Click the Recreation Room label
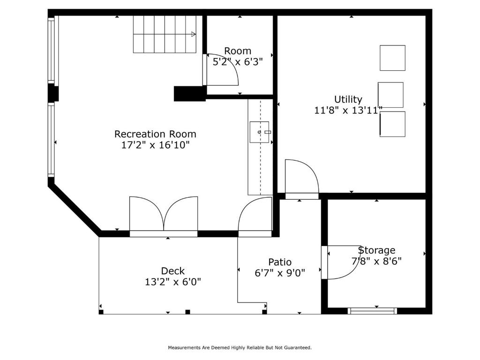click(x=155, y=134)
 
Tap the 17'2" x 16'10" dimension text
click(x=156, y=145)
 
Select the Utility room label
click(x=348, y=99)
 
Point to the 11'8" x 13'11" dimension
click(x=348, y=110)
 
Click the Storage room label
click(x=376, y=250)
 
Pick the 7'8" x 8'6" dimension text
click(x=376, y=261)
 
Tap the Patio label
click(x=280, y=262)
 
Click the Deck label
click(x=173, y=271)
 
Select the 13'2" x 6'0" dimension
click(x=173, y=282)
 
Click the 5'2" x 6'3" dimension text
click(x=238, y=62)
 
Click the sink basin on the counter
click(x=259, y=132)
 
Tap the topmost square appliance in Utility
click(x=392, y=58)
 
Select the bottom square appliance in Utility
click(x=392, y=124)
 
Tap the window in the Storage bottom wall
click(x=372, y=311)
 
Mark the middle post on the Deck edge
click(x=187, y=312)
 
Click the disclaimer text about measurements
click(x=240, y=347)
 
